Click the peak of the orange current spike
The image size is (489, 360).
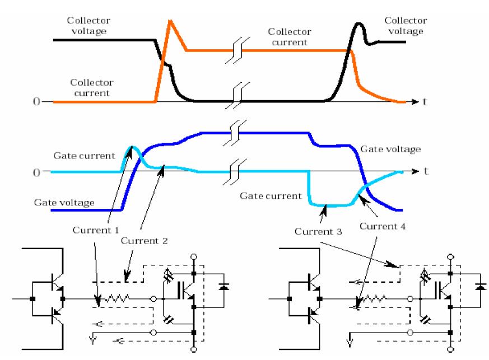[x=170, y=21]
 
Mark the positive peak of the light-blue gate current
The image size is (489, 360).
[x=131, y=147]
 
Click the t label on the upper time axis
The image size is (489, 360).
[x=427, y=102]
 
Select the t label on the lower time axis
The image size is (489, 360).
[x=427, y=171]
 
